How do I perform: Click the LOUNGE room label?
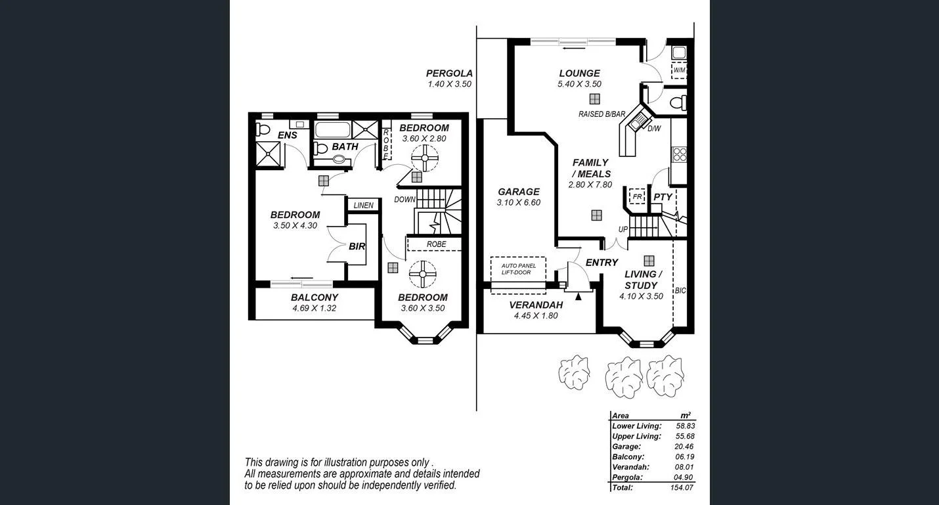(x=579, y=74)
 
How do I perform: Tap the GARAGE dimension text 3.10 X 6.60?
(x=518, y=203)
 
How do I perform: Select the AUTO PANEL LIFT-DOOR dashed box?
(x=518, y=269)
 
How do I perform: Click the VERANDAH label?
(x=536, y=305)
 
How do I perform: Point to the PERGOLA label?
(x=449, y=74)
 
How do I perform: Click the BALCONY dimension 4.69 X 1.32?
(x=314, y=308)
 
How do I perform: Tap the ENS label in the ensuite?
(x=287, y=135)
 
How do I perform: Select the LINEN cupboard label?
(x=363, y=206)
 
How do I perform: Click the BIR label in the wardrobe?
(x=357, y=246)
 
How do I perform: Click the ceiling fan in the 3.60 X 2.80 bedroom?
(x=425, y=158)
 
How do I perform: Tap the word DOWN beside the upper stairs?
(x=404, y=199)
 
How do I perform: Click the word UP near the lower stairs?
(x=623, y=229)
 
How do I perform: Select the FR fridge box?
(x=636, y=196)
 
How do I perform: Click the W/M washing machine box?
(x=678, y=70)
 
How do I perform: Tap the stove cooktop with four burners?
(x=679, y=155)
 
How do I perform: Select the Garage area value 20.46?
(x=684, y=447)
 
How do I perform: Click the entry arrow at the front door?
(x=578, y=297)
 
